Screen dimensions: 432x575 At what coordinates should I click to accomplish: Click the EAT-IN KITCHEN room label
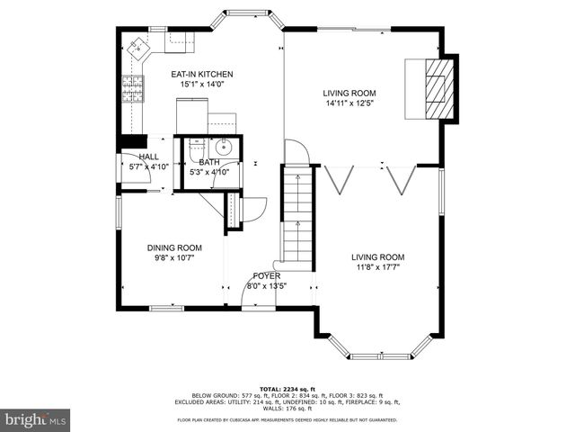coord(202,74)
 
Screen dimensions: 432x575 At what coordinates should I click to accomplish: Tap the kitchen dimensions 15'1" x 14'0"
coord(202,84)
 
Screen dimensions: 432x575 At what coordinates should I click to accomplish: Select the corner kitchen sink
coord(139,45)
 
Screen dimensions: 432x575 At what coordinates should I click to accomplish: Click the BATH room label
coord(208,162)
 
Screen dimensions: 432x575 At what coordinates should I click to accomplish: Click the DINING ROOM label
coord(174,247)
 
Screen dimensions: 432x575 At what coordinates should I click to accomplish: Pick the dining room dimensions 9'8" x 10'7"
coord(174,257)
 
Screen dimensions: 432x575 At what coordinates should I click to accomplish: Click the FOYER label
coord(266,276)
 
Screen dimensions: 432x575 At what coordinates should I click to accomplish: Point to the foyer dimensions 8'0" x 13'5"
coord(266,286)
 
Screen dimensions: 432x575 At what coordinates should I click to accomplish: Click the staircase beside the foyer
coord(296,216)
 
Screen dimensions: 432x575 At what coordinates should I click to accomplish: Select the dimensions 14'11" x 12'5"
coord(350,103)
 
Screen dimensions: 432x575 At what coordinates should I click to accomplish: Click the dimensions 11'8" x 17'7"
coord(377,266)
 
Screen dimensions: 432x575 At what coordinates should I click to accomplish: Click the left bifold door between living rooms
coord(338,180)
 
